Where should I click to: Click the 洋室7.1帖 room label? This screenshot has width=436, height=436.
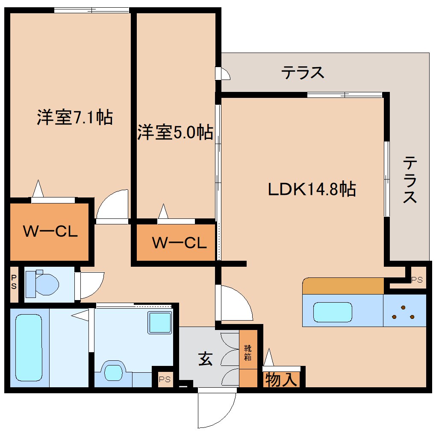pos(74,117)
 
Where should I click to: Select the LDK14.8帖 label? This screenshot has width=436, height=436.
pos(312,189)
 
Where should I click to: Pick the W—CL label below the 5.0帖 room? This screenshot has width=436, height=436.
pos(180,243)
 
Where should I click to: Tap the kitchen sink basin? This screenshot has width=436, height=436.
pos(333,312)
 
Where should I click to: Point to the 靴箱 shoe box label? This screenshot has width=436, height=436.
pos(248,352)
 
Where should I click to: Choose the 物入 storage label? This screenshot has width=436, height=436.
pos(281,379)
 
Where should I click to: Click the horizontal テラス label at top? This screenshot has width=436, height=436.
pos(303,73)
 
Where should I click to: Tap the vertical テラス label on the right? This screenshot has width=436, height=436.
pos(410,180)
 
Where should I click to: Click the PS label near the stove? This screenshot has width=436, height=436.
pos(416,280)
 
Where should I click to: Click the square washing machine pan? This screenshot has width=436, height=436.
pos(159,322)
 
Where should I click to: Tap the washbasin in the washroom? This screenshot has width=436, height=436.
pos(114,371)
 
